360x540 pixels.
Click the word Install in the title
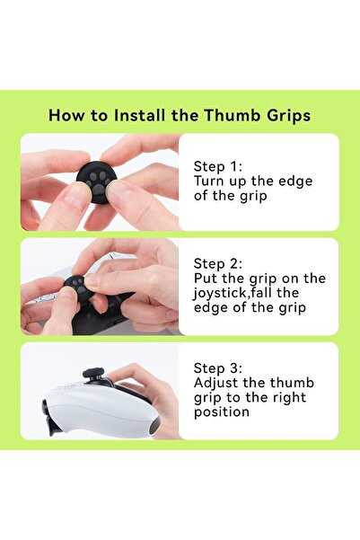coord(139,115)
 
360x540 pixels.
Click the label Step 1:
coord(218,166)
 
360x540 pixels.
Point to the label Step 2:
coord(218,264)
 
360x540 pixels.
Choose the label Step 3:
coord(218,368)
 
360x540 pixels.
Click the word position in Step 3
coord(222,412)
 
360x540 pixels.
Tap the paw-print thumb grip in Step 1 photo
coord(96,181)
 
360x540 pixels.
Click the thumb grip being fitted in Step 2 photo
coord(78,288)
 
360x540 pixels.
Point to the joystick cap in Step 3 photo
coord(93,373)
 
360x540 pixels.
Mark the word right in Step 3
coord(289,398)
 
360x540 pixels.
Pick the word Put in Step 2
coord(205,279)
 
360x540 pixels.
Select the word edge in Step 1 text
coord(295,182)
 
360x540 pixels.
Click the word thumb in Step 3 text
coord(292,383)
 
